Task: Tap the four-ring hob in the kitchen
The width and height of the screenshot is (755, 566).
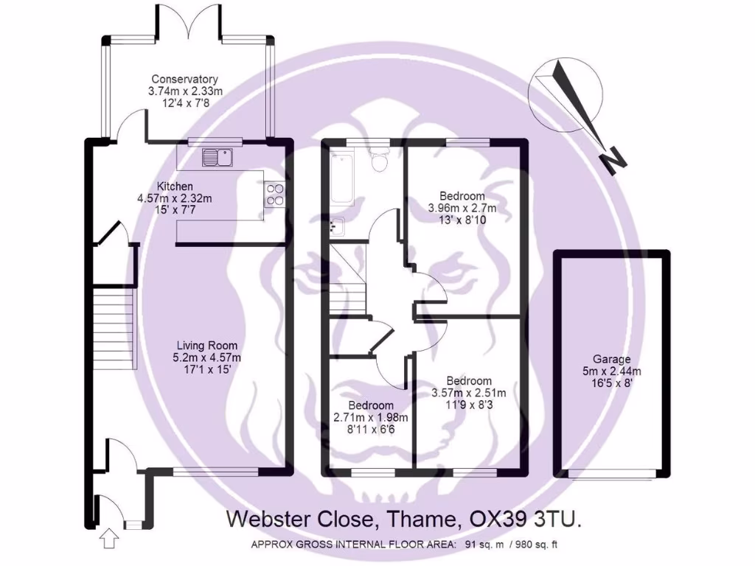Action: click(x=274, y=194)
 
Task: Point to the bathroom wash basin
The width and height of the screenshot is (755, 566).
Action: click(x=338, y=226)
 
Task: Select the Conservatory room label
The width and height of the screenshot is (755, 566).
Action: click(x=184, y=79)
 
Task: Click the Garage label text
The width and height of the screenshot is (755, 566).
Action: click(x=610, y=359)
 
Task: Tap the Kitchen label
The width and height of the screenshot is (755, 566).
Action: click(x=175, y=186)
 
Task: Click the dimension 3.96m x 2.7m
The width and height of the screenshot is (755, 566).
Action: click(x=462, y=208)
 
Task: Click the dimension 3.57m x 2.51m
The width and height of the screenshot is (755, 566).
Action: click(x=468, y=392)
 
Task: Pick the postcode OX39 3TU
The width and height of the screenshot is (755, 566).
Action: click(x=526, y=519)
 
